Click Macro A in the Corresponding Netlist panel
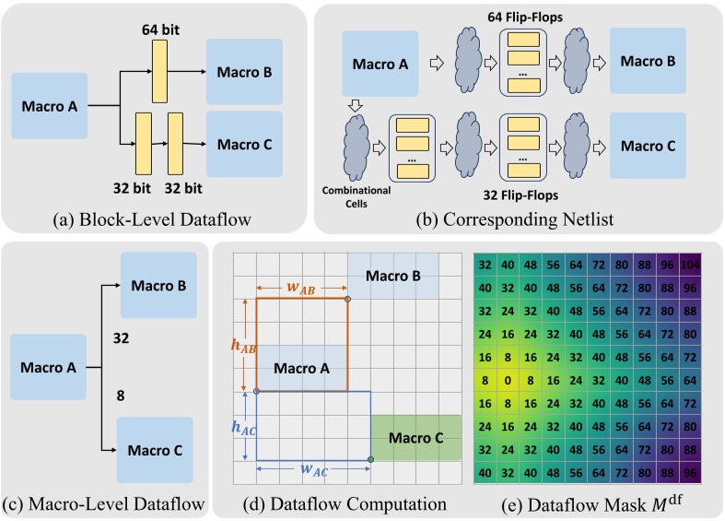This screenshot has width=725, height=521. [381, 64]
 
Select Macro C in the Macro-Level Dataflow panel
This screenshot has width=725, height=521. [155, 450]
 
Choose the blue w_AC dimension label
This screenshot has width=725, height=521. [314, 470]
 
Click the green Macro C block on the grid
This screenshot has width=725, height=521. [416, 438]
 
